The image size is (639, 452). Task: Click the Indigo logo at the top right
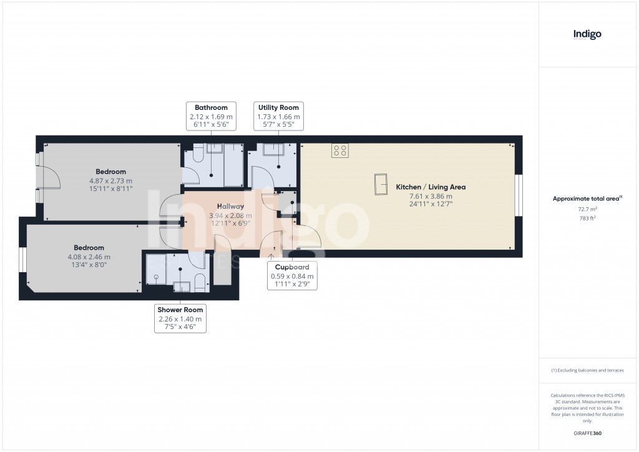pos(587,34)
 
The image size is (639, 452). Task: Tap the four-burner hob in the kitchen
pos(340,150)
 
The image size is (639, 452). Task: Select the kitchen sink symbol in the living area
pos(381,184)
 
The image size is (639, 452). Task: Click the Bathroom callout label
pos(211,116)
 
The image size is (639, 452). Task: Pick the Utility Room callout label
pos(279,116)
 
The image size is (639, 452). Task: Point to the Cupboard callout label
pos(292,275)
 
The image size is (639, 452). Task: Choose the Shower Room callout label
pos(180,318)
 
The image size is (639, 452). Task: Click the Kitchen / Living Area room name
pos(431,187)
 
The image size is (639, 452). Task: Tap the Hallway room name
pos(230,207)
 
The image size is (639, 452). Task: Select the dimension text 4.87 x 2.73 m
pos(111,181)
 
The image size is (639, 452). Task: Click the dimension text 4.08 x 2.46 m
pos(89,257)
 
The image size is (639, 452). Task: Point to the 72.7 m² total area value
pos(587,209)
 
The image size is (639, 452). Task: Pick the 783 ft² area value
pos(587,218)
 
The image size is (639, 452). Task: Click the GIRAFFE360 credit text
pos(587,433)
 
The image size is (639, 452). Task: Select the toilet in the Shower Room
pos(200,283)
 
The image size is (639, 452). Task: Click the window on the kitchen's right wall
pos(519,195)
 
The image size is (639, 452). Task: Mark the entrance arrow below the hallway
pos(271,256)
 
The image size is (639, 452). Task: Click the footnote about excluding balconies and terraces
pos(587,370)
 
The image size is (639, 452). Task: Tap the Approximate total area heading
pos(587,199)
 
